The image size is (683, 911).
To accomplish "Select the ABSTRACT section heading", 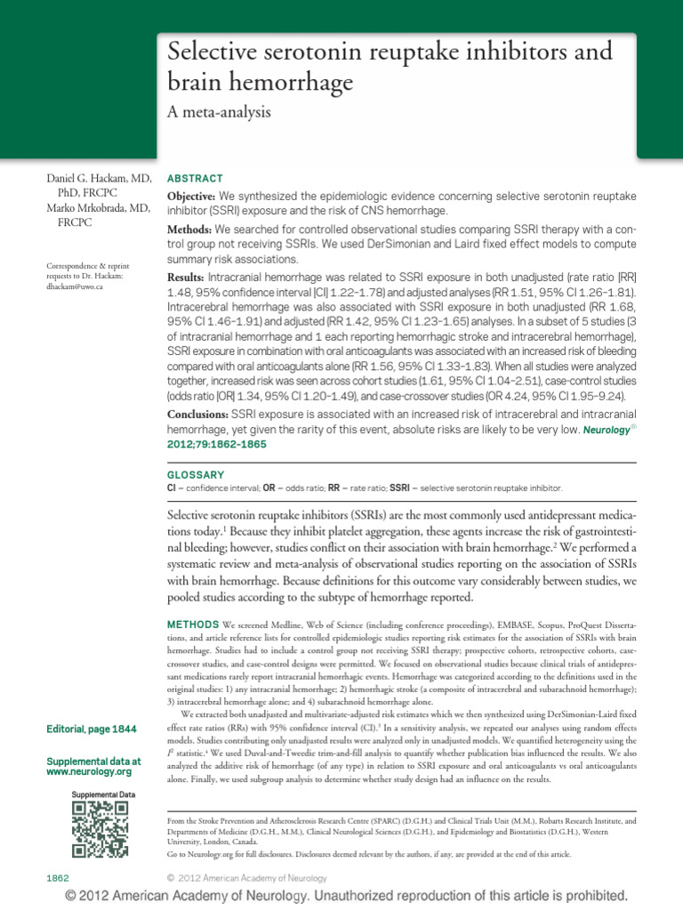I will (x=195, y=178).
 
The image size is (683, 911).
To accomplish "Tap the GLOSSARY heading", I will (x=197, y=475).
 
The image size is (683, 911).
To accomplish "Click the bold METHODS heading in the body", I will (x=195, y=619).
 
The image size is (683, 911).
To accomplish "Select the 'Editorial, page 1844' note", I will (x=92, y=730).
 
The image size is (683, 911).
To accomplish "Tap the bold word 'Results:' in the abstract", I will (x=187, y=278).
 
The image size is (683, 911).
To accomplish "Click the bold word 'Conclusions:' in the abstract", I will (x=198, y=415).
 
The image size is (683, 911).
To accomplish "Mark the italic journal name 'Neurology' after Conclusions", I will (x=607, y=429).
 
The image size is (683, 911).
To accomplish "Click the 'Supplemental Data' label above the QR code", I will (x=103, y=794).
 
